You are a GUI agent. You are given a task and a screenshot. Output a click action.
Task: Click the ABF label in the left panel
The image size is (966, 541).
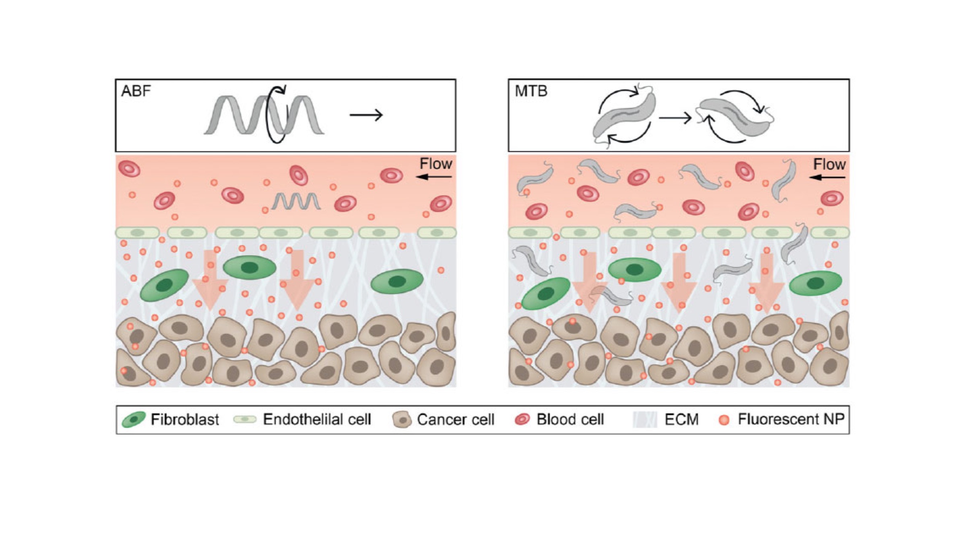coord(136,91)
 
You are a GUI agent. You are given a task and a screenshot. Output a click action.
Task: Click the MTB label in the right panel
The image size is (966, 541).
coord(531,91)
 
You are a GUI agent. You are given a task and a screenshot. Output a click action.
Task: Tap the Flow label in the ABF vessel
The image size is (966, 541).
coord(436,164)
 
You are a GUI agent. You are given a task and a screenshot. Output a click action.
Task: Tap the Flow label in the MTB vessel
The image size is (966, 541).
coord(829,164)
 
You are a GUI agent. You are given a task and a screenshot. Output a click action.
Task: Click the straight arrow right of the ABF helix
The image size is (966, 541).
coord(366,115)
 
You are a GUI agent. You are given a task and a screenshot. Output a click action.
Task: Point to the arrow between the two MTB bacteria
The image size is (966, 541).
coord(675,118)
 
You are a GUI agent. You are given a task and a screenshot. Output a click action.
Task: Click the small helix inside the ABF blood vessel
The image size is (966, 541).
coord(296,201)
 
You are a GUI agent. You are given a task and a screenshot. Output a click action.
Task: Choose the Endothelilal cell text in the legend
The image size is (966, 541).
coord(317,420)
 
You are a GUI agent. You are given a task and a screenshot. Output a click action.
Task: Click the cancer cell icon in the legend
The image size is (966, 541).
coord(402,420)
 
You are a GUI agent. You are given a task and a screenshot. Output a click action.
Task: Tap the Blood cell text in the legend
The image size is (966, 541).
coord(570,420)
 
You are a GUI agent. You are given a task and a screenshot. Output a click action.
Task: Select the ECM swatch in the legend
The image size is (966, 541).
coord(644,420)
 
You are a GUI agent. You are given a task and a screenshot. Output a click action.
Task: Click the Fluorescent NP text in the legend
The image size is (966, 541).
coord(791,419)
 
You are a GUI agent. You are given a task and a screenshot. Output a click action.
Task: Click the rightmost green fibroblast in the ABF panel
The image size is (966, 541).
coord(397,281)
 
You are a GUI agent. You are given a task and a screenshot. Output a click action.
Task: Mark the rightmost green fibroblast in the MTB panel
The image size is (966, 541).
coord(815,283)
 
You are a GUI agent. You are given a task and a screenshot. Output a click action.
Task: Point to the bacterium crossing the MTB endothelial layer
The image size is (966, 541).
coord(793,243)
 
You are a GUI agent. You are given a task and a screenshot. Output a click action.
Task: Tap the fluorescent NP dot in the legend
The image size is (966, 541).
coord(724,420)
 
